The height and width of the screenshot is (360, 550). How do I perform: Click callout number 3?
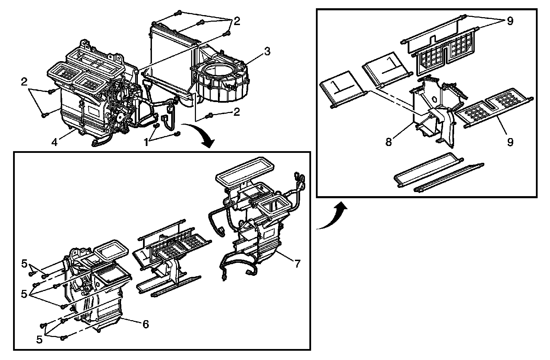[267, 52]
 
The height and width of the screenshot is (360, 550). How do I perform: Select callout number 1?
[147, 142]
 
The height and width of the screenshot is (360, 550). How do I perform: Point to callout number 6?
[146, 324]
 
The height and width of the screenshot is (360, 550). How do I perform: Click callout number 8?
[389, 142]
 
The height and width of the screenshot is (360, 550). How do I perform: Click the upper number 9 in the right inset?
[510, 21]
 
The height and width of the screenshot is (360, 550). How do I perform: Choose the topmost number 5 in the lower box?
[24, 263]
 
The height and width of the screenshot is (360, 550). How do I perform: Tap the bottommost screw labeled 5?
[63, 338]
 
